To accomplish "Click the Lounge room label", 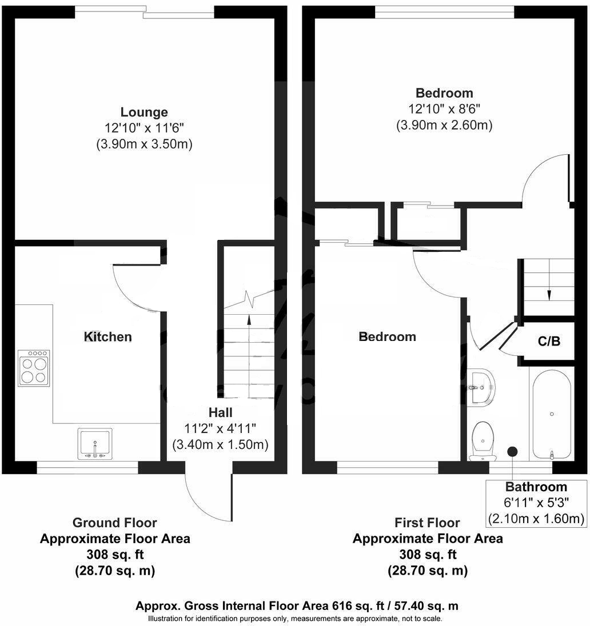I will (143, 112).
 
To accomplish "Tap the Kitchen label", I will (108, 337).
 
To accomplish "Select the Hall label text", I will (220, 412).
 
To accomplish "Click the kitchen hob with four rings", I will (34, 366).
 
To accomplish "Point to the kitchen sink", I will (95, 443).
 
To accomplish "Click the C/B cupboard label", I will (549, 342).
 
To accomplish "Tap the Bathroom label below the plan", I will (536, 487).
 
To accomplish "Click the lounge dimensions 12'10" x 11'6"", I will (143, 129).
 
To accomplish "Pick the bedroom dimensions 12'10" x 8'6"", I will (444, 109).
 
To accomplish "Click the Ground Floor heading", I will (114, 523).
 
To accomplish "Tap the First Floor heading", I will (427, 523).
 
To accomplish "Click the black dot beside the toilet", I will (513, 451).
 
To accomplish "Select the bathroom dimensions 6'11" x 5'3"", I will (536, 503).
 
